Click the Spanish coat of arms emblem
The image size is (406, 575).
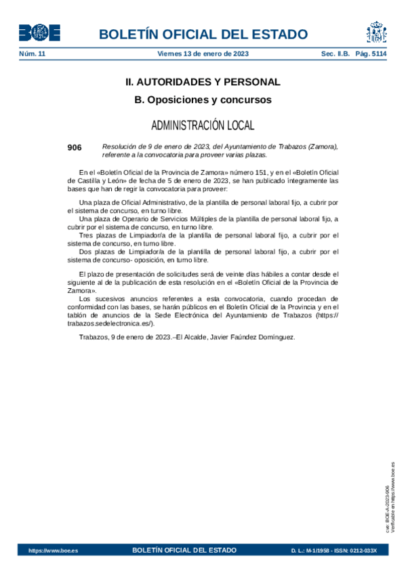pos(376,33)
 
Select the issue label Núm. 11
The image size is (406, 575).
pos(32,54)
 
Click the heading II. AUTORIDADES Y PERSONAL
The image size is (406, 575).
pos(203,82)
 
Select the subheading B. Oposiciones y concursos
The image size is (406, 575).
pos(203,100)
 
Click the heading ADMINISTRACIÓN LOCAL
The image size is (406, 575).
pos(203,125)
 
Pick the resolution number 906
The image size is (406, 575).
pos(75,147)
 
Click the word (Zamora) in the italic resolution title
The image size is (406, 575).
pos(322,146)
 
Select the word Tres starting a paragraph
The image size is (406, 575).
pos(86,235)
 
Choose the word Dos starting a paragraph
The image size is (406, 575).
pos(86,252)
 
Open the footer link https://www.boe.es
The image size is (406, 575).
pos(53,551)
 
